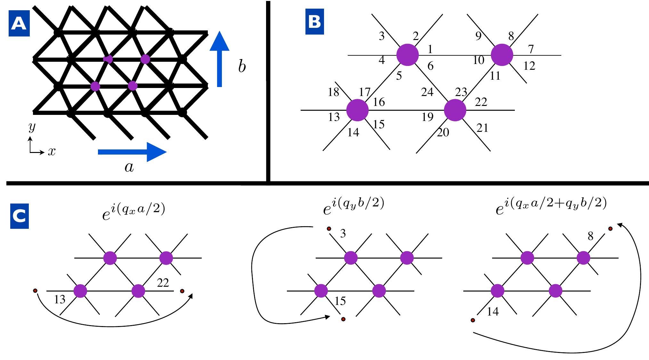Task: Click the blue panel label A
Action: (x=19, y=24)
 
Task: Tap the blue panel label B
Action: (x=314, y=22)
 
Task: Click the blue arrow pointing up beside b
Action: (x=220, y=59)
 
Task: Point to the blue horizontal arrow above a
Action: (x=132, y=152)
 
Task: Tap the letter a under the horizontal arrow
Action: (x=129, y=167)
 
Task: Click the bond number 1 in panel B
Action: (x=430, y=49)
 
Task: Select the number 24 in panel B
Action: (x=427, y=92)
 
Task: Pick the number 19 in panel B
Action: (x=427, y=117)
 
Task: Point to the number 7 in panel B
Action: (x=531, y=49)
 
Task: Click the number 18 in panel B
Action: (x=333, y=92)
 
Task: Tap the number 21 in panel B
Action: (x=482, y=128)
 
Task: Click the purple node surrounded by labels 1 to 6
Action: (x=408, y=55)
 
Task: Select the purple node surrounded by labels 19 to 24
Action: (x=455, y=110)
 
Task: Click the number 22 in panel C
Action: (x=163, y=283)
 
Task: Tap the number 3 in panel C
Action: (x=343, y=234)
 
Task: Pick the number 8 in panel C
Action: (x=590, y=236)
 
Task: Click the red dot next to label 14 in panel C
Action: (x=473, y=320)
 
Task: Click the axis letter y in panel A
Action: (x=32, y=127)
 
